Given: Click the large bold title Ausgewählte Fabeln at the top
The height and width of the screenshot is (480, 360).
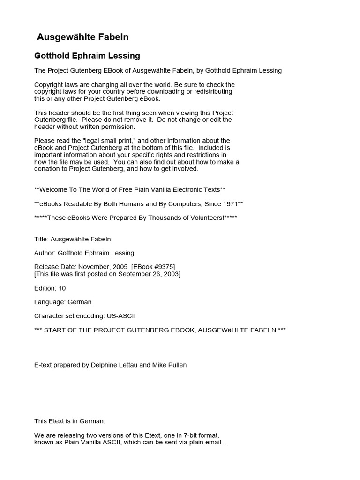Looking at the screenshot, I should [82, 37].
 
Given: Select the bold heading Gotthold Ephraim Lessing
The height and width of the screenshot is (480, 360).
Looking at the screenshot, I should [87, 56].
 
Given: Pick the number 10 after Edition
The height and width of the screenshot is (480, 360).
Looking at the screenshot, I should [62, 288].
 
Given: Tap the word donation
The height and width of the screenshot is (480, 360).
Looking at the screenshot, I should [48, 169].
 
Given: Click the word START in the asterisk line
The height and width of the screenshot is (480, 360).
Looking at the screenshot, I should [55, 330].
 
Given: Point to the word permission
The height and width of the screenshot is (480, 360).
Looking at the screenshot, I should [119, 127].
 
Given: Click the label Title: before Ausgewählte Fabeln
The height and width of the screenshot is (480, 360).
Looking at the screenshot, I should [42, 239].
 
